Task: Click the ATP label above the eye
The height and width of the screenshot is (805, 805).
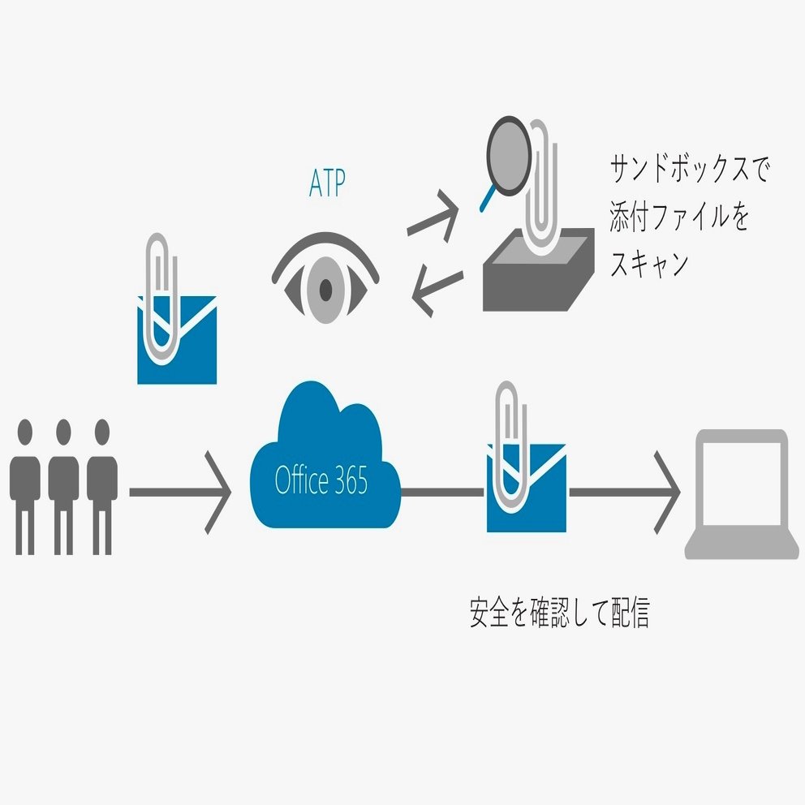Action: click(x=326, y=184)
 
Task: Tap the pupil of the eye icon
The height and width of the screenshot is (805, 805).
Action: click(x=325, y=288)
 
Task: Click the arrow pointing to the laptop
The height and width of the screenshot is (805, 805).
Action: click(x=625, y=492)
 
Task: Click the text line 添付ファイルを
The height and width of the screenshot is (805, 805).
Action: click(x=680, y=217)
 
